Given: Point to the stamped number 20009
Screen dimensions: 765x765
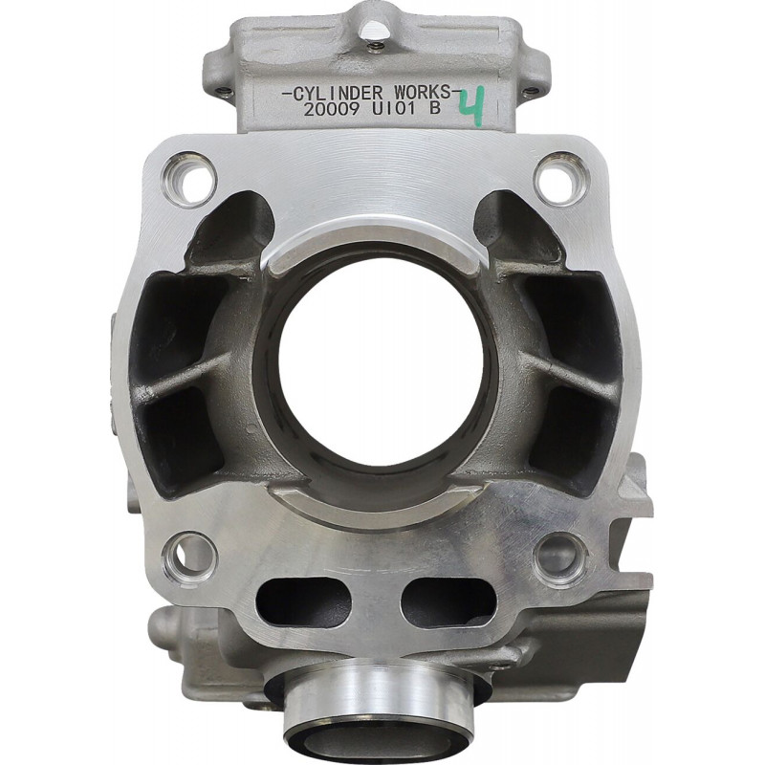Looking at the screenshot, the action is tap(332, 109).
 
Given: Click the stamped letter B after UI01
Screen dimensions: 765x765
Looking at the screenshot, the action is tap(434, 108).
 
